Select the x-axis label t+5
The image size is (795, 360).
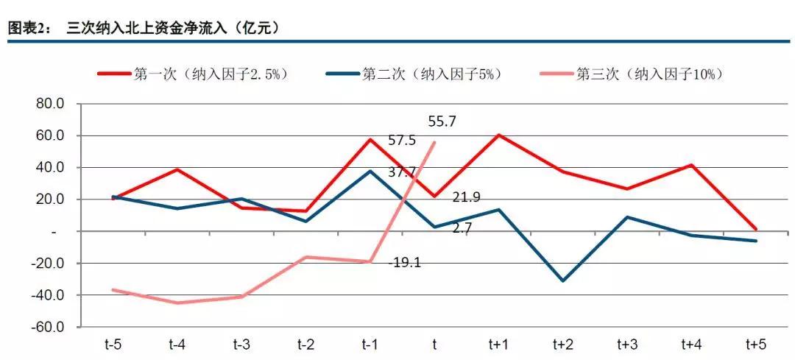click(x=755, y=345)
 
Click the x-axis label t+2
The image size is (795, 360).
click(x=562, y=345)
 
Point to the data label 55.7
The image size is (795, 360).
click(x=442, y=122)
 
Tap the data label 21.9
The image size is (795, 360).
click(x=467, y=197)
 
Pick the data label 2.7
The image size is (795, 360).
click(x=462, y=228)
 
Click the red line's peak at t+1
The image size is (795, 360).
click(x=498, y=135)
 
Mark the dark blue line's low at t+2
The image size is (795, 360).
click(x=562, y=280)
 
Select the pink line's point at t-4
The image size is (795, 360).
click(x=177, y=303)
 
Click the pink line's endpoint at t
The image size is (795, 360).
click(x=434, y=142)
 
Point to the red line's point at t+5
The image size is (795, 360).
click(x=755, y=229)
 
